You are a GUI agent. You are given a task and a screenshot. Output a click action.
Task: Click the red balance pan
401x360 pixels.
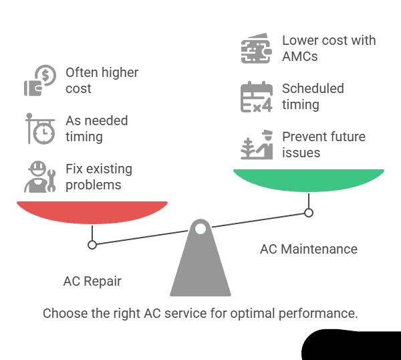click(92, 212)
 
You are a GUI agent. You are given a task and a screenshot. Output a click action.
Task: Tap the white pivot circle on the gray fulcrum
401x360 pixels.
click(200, 230)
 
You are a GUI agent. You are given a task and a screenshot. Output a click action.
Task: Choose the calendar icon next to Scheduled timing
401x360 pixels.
click(256, 96)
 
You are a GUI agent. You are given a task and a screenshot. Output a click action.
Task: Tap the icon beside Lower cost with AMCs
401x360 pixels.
click(256, 48)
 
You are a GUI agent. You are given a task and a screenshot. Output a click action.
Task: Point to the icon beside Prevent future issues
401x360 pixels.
click(256, 145)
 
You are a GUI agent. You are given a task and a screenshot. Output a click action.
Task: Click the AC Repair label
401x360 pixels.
click(92, 281)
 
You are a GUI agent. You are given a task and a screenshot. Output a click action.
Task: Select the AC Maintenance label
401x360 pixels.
click(309, 249)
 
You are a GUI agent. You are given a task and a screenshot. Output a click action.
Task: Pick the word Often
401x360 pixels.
click(82, 72)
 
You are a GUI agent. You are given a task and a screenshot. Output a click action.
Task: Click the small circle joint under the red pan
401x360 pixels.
click(92, 245)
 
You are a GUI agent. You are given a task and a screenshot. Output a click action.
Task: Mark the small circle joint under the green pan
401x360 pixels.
click(309, 213)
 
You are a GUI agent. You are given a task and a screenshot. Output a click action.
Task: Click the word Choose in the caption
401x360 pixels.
click(64, 313)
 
